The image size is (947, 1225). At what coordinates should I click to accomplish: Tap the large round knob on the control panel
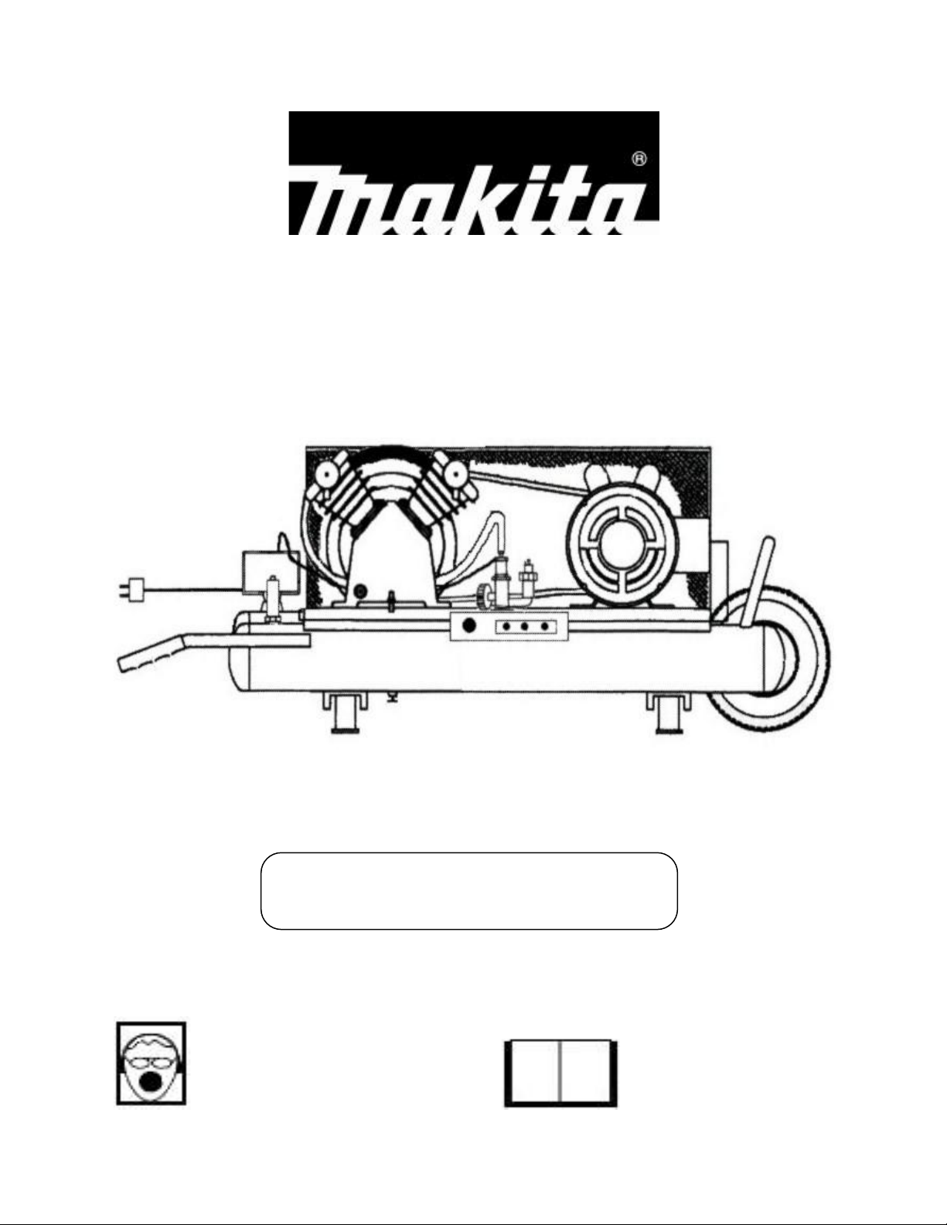468,626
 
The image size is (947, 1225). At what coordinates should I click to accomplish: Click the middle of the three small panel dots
525,626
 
